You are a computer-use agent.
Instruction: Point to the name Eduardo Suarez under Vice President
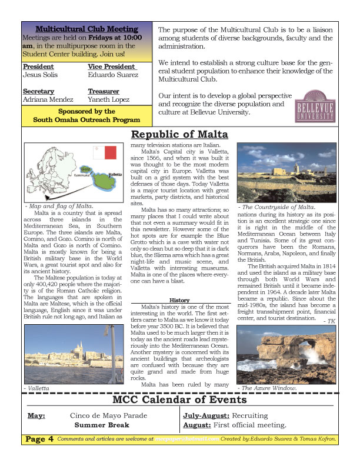point(114,75)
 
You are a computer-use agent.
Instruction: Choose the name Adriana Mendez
point(48,99)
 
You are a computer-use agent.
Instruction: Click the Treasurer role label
point(104,91)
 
